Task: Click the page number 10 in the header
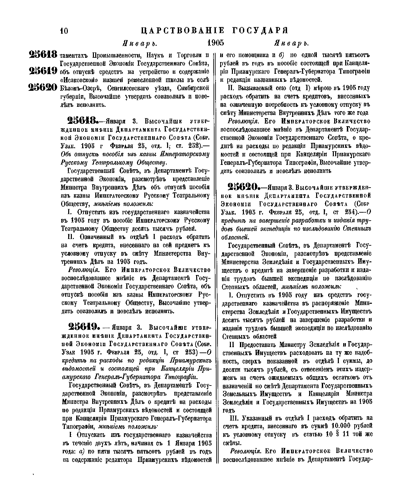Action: point(63,31)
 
